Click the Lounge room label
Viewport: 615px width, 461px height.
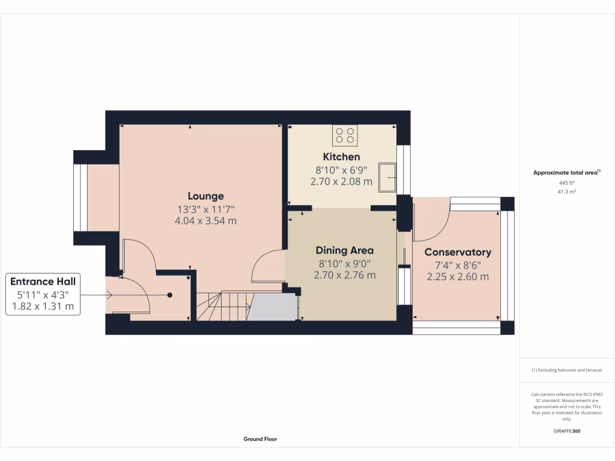click(x=205, y=196)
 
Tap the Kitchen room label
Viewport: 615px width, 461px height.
click(x=341, y=157)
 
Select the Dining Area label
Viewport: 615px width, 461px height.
click(x=345, y=250)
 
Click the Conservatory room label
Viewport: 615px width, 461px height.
click(x=458, y=252)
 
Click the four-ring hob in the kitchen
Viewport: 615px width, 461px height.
click(x=345, y=135)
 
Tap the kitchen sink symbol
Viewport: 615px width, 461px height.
click(x=386, y=177)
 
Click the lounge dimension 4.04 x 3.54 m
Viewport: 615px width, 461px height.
click(x=205, y=220)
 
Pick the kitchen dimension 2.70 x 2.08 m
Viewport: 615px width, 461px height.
click(x=341, y=181)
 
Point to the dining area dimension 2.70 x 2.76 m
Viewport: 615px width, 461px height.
click(x=345, y=275)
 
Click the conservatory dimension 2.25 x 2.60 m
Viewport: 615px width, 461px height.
click(x=458, y=277)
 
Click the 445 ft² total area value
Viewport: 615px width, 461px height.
click(x=567, y=182)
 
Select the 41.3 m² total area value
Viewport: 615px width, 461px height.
click(x=567, y=191)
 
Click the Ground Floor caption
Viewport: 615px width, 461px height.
click(x=260, y=439)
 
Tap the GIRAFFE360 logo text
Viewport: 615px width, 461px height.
click(x=567, y=431)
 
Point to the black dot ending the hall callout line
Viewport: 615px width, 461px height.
click(x=170, y=295)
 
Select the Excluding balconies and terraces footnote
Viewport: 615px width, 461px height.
click(x=567, y=370)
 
